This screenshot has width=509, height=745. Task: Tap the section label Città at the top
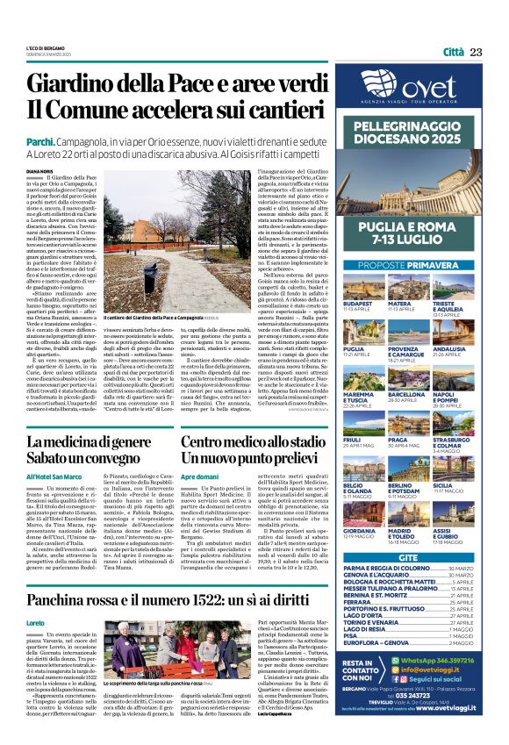(x=453, y=52)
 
